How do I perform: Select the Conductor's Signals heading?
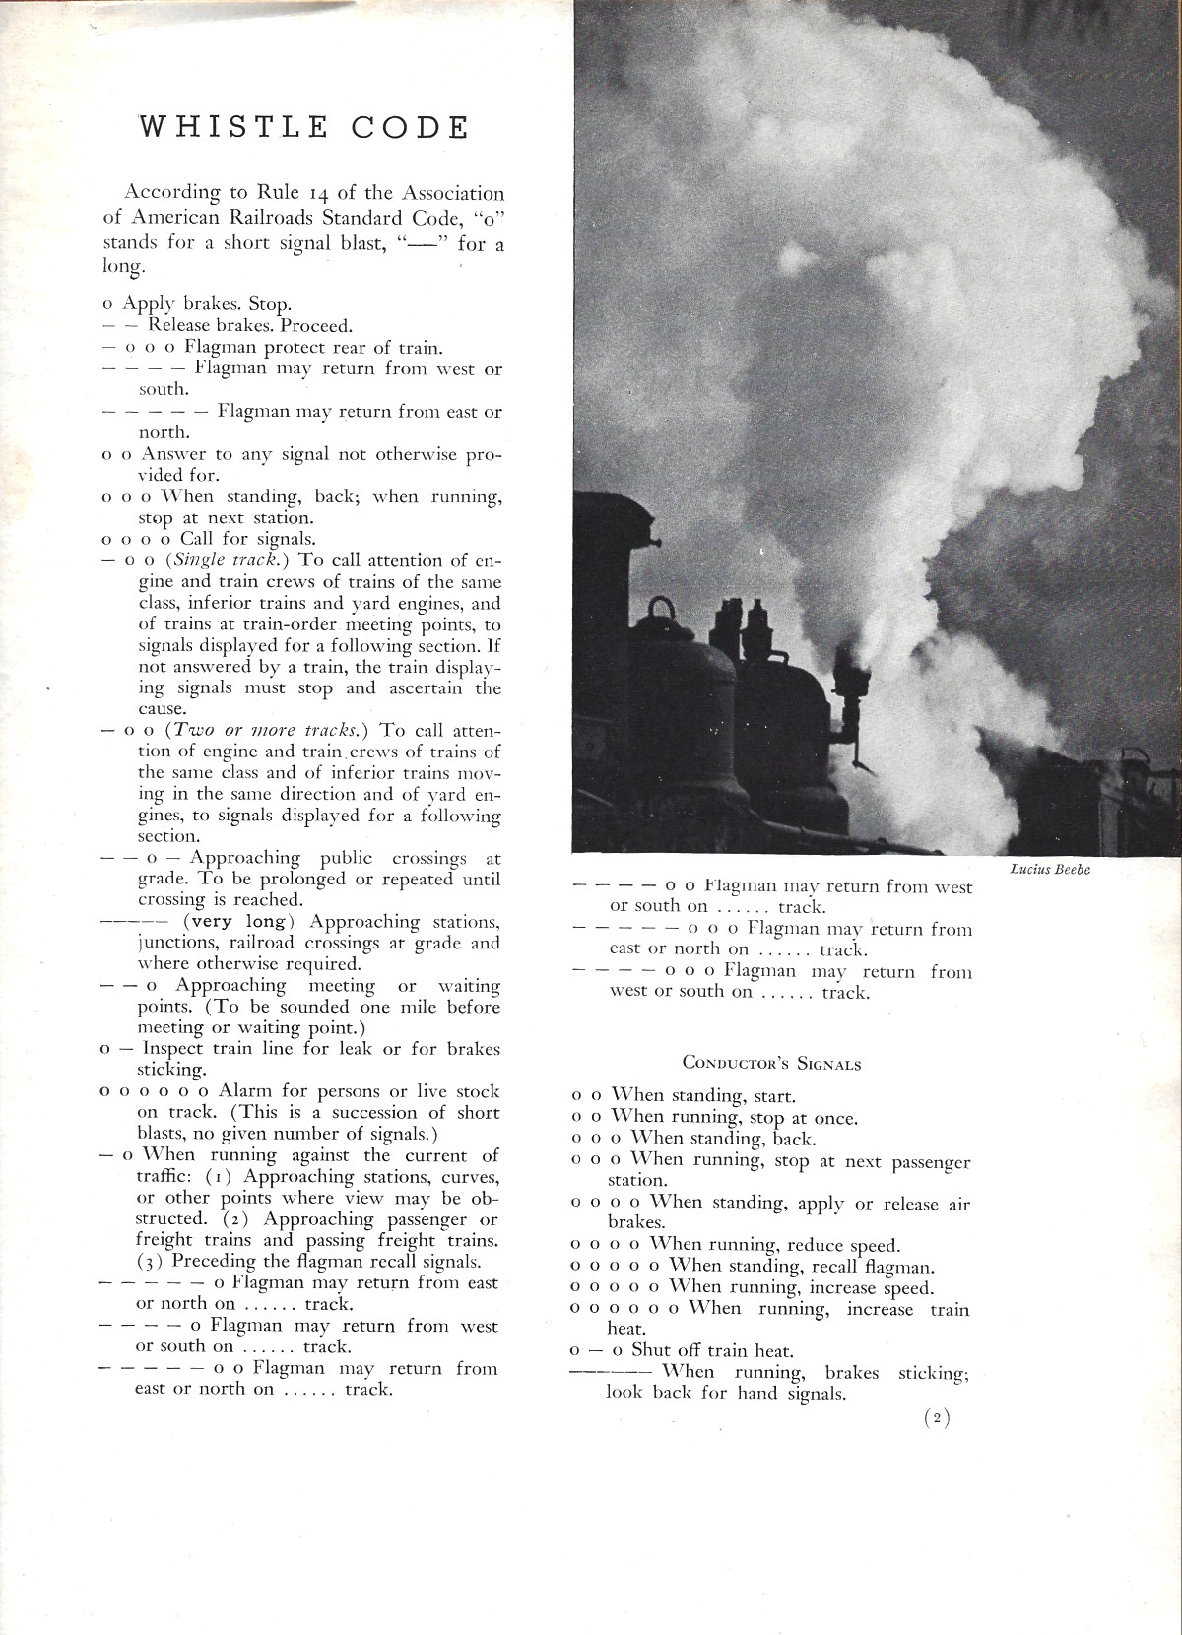[771, 1064]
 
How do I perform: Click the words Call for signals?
[247, 539]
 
